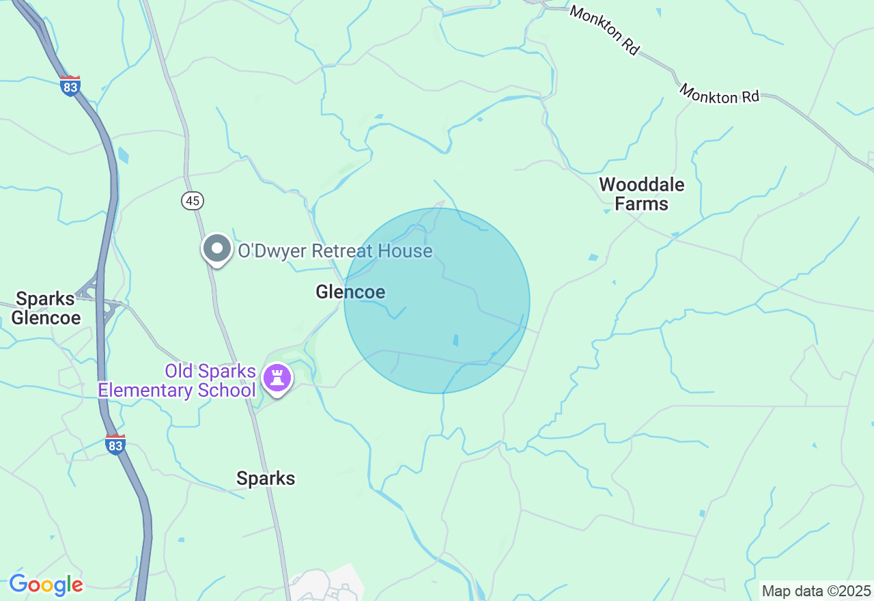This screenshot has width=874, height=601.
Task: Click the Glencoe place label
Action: tap(350, 292)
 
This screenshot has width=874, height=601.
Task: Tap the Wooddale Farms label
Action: tap(641, 194)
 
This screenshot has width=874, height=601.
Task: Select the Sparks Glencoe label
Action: tap(46, 308)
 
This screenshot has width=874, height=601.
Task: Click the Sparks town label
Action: tap(266, 478)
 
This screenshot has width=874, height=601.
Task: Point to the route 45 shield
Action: tap(193, 200)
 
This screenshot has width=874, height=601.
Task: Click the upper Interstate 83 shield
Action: tap(70, 86)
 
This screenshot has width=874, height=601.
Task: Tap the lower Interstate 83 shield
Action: tap(115, 445)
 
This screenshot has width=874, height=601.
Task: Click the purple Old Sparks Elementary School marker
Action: tap(277, 378)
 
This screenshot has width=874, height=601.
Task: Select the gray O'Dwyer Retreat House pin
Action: tap(217, 249)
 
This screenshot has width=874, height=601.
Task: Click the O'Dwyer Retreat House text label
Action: tap(335, 251)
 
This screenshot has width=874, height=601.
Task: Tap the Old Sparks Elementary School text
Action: tap(177, 381)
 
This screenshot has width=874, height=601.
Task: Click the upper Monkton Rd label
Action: tap(604, 30)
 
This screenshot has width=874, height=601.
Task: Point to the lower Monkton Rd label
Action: tap(719, 94)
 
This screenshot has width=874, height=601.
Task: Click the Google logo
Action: tap(46, 585)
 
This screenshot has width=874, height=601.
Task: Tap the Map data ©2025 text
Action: tap(816, 591)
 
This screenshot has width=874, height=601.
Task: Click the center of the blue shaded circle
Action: tap(437, 300)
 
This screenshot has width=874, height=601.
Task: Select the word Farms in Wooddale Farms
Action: tap(641, 204)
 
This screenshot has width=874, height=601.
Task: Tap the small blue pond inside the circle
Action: tap(455, 339)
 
